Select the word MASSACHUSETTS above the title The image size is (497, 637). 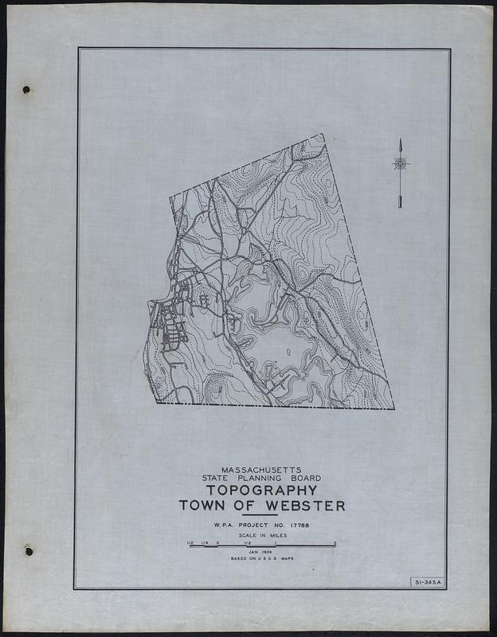(x=261, y=469)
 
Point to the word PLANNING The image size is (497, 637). (x=264, y=478)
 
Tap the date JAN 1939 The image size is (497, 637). (x=260, y=551)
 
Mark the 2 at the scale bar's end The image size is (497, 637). (x=335, y=542)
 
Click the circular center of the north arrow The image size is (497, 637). (x=401, y=164)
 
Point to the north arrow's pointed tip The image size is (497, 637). (x=401, y=139)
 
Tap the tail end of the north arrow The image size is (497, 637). (x=401, y=207)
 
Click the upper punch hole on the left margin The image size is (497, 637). (x=26, y=89)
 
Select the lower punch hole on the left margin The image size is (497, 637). (x=29, y=549)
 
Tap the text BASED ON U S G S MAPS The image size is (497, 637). (x=262, y=560)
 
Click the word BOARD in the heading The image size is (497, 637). (x=306, y=478)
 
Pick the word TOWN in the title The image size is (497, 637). (x=203, y=506)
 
